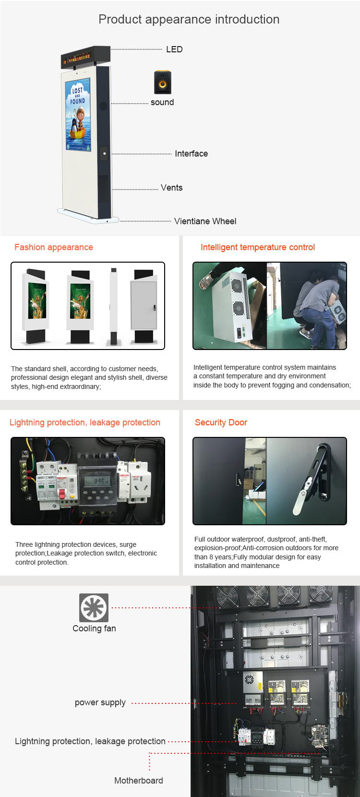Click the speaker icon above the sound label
[x=163, y=82]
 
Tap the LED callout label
[x=174, y=49]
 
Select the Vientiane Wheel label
[x=205, y=221]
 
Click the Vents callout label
[x=171, y=188]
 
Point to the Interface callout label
[x=192, y=154]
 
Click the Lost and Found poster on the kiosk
[x=78, y=115]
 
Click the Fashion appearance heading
[x=54, y=247]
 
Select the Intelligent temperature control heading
[x=258, y=247]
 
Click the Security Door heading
[x=221, y=423]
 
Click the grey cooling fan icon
[x=94, y=608]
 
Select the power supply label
[x=100, y=703]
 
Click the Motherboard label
[x=139, y=781]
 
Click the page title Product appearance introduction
[x=189, y=19]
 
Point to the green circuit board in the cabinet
[x=319, y=736]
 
